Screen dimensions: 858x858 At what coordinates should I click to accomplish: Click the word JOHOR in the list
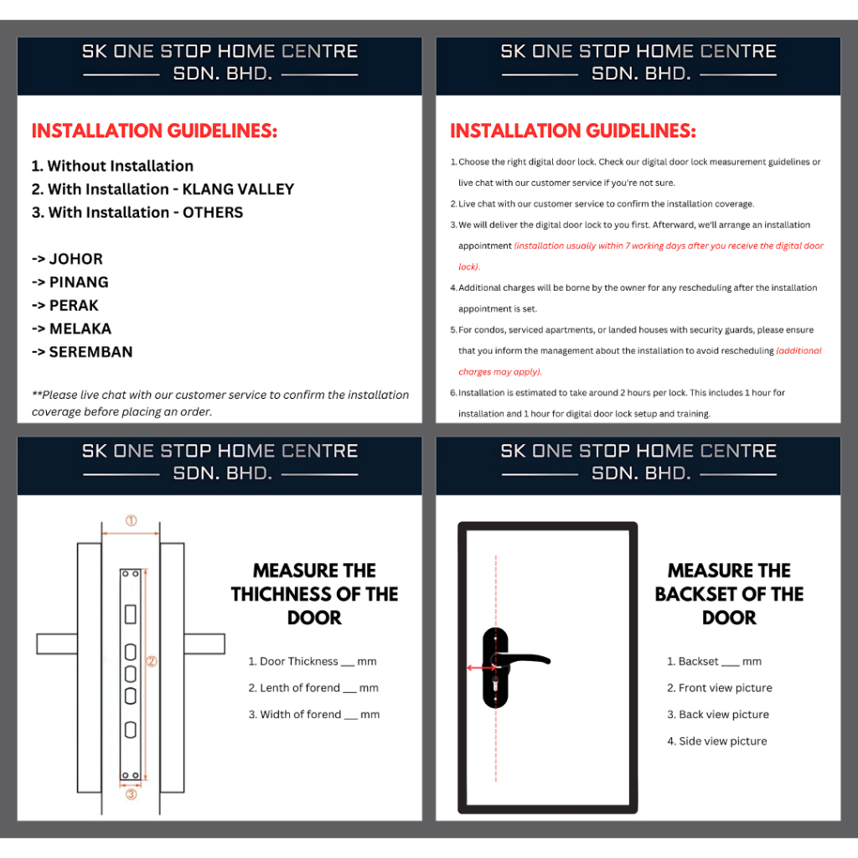tap(76, 259)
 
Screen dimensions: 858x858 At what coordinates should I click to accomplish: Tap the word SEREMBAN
tap(90, 352)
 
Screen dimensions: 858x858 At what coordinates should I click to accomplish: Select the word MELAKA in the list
tap(80, 328)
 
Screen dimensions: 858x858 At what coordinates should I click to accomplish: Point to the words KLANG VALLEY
tap(238, 189)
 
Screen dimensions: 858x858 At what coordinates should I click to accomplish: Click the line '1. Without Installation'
tap(113, 166)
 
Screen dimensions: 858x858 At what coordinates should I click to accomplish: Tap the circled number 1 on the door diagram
tap(131, 520)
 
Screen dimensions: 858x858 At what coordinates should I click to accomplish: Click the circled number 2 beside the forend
tap(152, 661)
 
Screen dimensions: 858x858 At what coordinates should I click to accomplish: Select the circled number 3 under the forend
tap(131, 794)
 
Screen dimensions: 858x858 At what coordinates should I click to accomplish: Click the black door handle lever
tap(525, 659)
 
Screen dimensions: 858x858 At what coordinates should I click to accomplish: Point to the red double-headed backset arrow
tap(482, 668)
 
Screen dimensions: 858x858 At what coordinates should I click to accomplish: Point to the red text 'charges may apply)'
tap(500, 372)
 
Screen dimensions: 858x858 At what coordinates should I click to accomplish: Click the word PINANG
tap(79, 282)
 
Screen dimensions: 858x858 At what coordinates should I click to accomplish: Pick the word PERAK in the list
tap(74, 305)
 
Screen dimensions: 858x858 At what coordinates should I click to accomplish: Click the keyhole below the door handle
tap(496, 684)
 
